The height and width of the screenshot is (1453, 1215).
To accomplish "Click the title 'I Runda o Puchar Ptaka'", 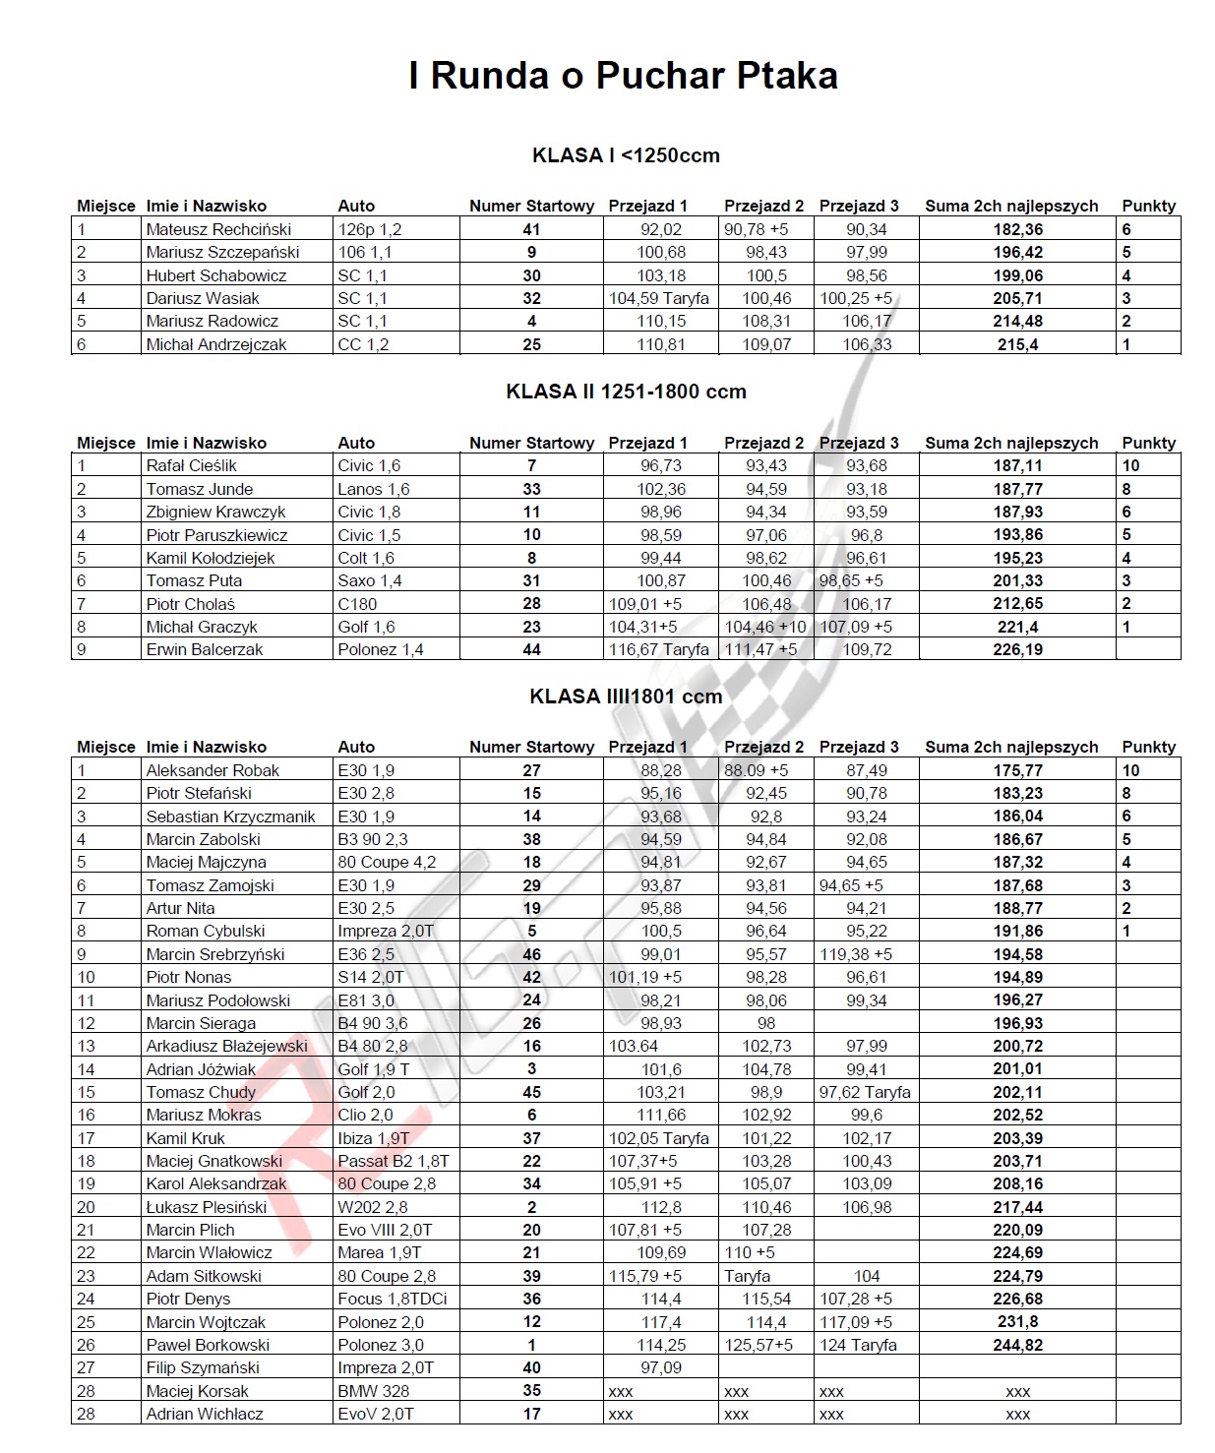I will [x=623, y=76].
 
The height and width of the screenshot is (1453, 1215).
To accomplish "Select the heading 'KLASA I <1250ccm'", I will [x=626, y=155].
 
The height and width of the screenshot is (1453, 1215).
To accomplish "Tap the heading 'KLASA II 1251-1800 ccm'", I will [x=626, y=392].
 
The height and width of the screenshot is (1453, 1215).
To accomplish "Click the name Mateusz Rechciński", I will [x=218, y=229].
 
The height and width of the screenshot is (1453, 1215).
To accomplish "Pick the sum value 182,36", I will [x=1017, y=229].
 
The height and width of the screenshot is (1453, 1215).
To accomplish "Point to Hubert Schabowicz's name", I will [x=216, y=275].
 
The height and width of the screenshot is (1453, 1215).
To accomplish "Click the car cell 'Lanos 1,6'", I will [x=373, y=489].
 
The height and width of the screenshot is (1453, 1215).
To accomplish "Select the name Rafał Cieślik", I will [x=192, y=465].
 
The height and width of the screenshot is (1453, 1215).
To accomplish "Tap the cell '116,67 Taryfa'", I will [x=658, y=649].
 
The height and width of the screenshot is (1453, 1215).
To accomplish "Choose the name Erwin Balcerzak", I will [x=205, y=649].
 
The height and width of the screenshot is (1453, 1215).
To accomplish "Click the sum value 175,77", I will [x=1017, y=770].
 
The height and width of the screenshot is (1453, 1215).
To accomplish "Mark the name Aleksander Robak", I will [x=213, y=770].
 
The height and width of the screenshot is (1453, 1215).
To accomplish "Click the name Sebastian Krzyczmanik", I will [x=230, y=817].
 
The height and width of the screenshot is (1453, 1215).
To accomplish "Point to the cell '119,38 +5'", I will [x=856, y=954].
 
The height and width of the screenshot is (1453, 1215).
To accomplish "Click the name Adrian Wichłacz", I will [x=205, y=1414].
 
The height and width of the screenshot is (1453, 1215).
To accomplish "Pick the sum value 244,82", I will [x=1017, y=1345].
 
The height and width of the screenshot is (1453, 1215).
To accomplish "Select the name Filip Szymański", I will [x=203, y=1367].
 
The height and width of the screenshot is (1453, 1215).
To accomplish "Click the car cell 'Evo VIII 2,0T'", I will [x=384, y=1230].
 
